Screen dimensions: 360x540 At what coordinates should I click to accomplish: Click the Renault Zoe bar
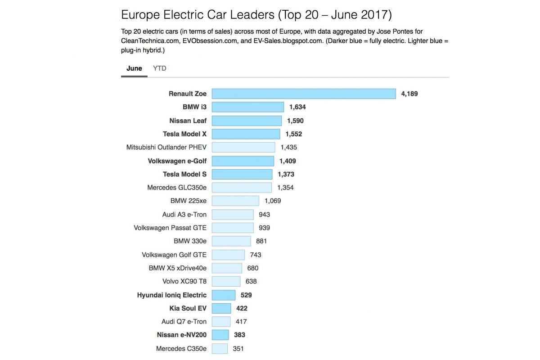coord(304,94)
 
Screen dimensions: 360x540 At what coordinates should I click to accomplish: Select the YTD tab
coord(159,68)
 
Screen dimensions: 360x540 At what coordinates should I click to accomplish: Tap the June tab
coord(134,68)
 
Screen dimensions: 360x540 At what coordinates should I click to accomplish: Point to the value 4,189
coord(409,94)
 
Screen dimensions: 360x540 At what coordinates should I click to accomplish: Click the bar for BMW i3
coord(248,107)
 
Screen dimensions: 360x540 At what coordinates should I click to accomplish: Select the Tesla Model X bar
coord(246,134)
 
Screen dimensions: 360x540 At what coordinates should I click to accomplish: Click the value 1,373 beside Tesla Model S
coord(286,174)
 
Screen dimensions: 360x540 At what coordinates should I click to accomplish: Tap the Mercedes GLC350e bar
coord(242,188)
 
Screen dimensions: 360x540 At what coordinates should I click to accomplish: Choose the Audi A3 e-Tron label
coord(184,214)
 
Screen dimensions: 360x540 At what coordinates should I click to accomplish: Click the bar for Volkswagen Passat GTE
coord(233,228)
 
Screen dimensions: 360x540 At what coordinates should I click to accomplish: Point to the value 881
coord(261,241)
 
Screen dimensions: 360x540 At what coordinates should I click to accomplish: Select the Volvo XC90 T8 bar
coord(226,281)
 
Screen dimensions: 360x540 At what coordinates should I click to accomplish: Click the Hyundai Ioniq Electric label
coord(172,295)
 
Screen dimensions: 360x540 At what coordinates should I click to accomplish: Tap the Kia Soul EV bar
coord(221,308)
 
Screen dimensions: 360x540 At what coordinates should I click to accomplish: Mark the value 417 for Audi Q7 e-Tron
coord(241,322)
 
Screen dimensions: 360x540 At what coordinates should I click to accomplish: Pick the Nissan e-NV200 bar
coord(220,335)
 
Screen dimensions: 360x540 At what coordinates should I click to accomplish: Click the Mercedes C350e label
coord(181,348)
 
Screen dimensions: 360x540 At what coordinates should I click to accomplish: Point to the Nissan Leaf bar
coord(247,121)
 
